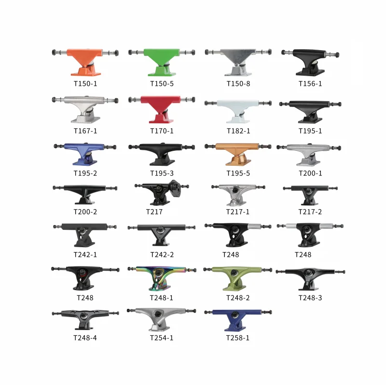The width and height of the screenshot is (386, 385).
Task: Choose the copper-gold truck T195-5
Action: click(237, 153)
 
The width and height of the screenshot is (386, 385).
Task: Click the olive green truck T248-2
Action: click(237, 277)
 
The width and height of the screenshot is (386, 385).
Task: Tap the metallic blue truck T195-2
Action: click(85, 153)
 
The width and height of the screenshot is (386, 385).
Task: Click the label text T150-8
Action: click(238, 83)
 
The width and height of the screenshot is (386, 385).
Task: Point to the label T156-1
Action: click(310, 83)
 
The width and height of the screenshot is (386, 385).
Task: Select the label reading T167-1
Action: click(85, 131)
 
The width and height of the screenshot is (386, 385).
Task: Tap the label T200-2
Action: click(85, 212)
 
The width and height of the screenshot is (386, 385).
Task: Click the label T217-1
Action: click(238, 212)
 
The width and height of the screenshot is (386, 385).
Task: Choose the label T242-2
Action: click(162, 254)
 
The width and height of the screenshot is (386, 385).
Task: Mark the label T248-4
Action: click(85, 338)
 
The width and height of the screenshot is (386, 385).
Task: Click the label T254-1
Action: click(162, 338)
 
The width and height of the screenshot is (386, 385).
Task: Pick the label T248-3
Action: click(310, 298)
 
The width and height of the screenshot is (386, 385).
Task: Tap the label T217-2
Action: click(310, 212)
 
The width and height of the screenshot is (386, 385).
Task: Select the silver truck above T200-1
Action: click(310, 152)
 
